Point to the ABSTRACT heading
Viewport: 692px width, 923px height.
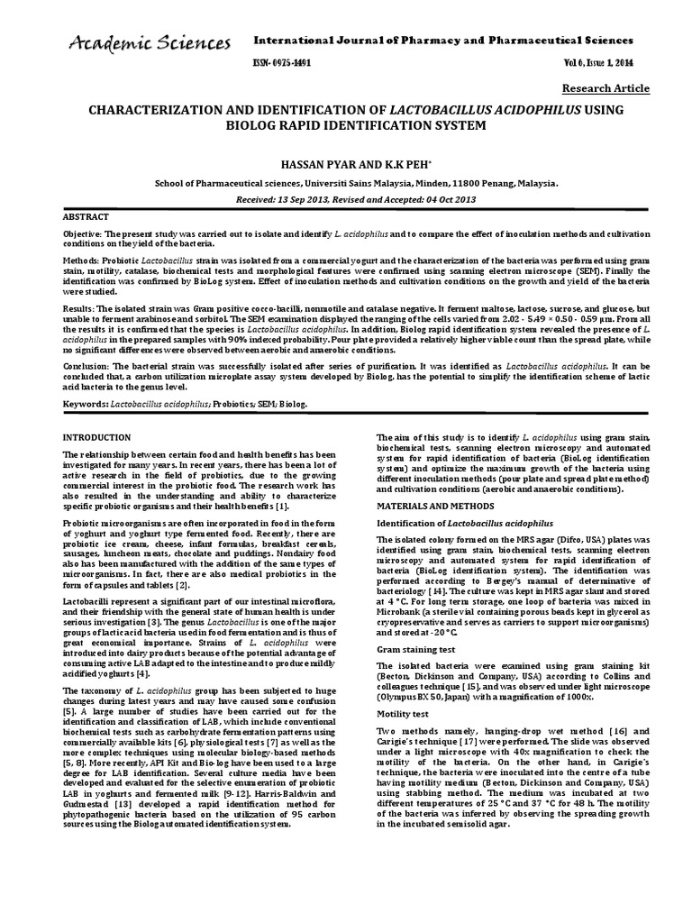click(86, 217)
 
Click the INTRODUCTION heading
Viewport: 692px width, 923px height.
click(96, 437)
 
